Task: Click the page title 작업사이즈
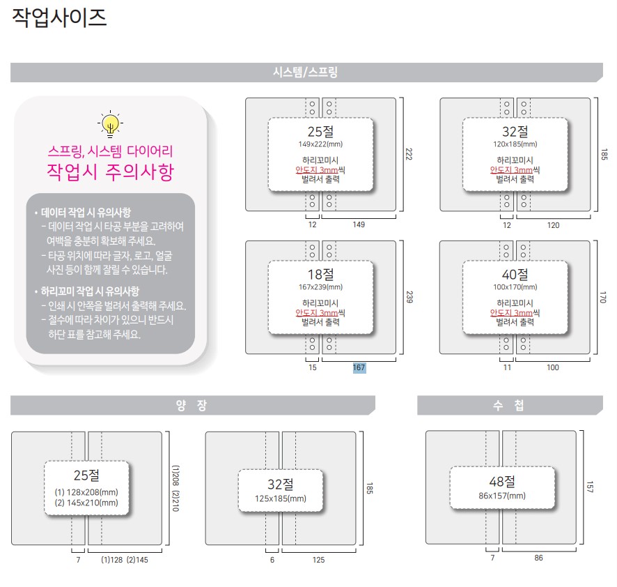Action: point(60,18)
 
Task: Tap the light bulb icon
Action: point(110,124)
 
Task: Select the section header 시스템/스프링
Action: point(306,73)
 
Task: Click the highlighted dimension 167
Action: point(359,367)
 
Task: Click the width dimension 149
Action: point(359,224)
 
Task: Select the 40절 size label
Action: point(515,273)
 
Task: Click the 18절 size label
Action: point(320,273)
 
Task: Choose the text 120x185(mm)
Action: point(515,144)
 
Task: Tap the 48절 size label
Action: point(501,481)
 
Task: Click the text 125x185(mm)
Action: point(281,498)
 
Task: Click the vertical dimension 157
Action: point(589,486)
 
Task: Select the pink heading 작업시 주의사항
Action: point(109,171)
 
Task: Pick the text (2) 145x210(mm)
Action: point(87,503)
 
